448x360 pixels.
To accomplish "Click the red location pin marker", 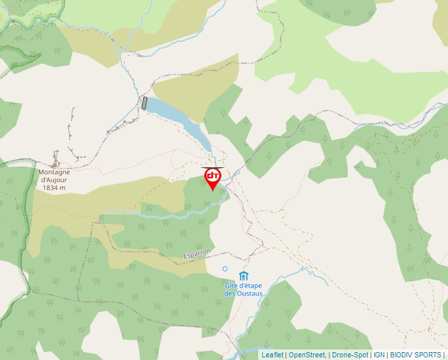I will point(212,178).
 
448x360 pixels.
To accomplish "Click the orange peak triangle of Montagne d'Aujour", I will point(55,165).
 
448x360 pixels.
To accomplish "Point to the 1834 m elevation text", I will point(54,188).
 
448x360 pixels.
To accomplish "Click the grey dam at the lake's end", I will point(144,103).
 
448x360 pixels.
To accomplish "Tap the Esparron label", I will point(197,253).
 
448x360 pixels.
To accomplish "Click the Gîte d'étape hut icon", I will point(244,275).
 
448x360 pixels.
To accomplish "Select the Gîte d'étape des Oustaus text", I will point(244,289).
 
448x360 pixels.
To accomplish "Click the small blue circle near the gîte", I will point(225,269).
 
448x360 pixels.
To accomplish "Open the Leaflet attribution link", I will point(272,355).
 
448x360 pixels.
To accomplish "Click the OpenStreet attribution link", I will point(306,355).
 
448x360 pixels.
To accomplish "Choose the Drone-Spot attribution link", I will point(350,355).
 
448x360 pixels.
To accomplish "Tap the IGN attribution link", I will point(379,355).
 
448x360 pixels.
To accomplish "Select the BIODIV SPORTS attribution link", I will point(416,355).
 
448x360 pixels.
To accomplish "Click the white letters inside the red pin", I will point(212,176).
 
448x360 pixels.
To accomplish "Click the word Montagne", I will point(54,172).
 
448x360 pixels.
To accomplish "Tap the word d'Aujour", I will point(54,180).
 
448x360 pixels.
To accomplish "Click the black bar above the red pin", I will point(212,167).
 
